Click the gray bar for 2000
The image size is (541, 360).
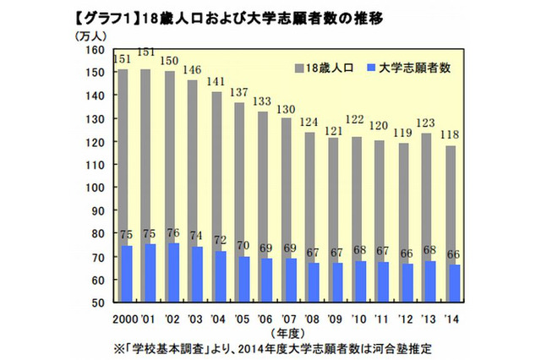coord(123,152)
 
